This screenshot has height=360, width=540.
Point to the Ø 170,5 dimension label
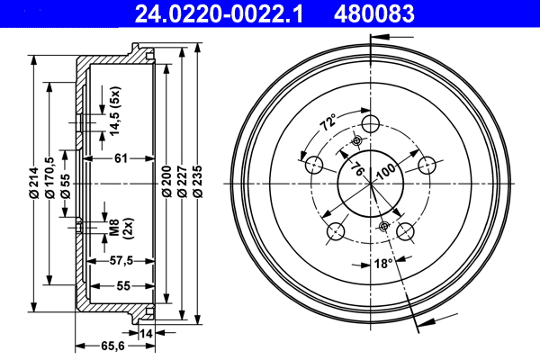coord(49,175)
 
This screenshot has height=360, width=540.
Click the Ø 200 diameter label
coord(166,183)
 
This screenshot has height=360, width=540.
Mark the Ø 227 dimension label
coord(183,183)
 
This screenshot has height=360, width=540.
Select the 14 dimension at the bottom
coord(147,333)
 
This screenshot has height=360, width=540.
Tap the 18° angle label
coord(382,264)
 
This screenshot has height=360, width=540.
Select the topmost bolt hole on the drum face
coord(371,124)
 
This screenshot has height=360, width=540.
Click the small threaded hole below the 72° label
coord(356,140)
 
